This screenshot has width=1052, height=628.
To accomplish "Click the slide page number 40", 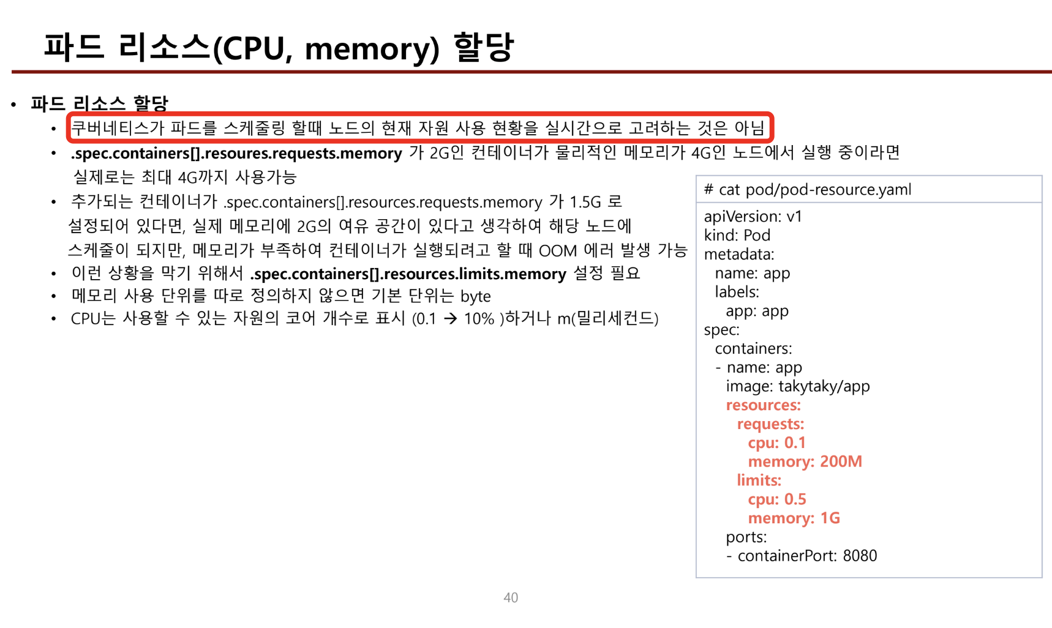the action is [511, 597].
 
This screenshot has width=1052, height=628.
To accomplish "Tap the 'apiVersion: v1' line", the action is [753, 217].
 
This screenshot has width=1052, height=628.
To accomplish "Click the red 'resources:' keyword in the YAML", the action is [763, 405].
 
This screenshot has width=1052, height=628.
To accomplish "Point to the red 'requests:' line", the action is [770, 424].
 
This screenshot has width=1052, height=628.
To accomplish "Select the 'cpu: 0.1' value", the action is [776, 443].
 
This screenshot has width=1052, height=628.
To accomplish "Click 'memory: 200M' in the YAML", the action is [805, 462].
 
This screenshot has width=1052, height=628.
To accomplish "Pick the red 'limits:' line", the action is [759, 480].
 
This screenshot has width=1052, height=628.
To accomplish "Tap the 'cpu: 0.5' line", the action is [776, 499].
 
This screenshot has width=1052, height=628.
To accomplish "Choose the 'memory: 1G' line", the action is [794, 518].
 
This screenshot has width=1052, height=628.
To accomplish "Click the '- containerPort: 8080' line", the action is [801, 556].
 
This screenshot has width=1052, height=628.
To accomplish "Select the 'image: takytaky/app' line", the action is [797, 386].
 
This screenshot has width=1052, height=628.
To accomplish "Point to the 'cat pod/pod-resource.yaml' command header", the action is [814, 190].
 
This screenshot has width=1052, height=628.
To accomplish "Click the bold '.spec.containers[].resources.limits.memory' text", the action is [408, 274].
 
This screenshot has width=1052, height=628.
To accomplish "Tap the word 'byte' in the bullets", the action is [475, 297].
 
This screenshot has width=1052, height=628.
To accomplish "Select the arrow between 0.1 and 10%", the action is [450, 319].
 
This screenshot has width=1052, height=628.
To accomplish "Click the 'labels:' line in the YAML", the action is [737, 292].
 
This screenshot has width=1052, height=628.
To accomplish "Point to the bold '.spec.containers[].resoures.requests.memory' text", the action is [236, 153].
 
